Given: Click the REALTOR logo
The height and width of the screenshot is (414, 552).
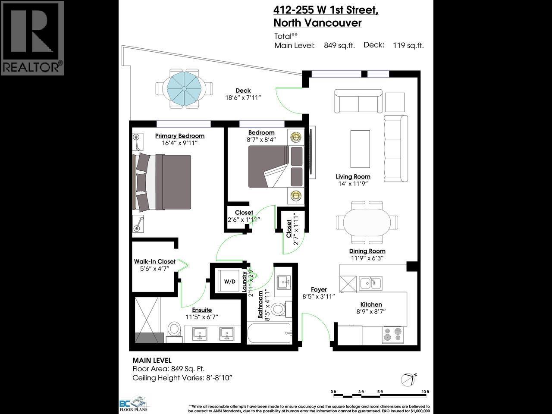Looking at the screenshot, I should point(32,38).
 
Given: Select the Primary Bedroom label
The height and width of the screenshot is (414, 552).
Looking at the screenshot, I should point(179,136).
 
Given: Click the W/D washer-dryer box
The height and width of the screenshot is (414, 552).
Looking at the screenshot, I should point(229,282).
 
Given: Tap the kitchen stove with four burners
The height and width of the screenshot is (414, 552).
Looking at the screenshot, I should point(392,335).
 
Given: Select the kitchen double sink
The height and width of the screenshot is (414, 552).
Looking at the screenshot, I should point(370,283).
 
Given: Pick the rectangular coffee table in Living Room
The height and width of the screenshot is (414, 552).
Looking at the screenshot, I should point(360,149).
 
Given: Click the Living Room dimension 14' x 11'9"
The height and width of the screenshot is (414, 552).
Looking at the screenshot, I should point(353,184).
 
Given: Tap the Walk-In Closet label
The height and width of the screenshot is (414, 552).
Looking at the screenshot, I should point(154,261).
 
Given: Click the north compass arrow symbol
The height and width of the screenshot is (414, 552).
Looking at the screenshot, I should point(408,379).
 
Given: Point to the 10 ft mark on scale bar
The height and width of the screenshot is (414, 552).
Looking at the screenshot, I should point(425,392).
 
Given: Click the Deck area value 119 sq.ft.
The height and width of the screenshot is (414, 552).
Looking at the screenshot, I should point(408,45).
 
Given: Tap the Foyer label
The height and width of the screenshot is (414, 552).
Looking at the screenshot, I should point(319,289).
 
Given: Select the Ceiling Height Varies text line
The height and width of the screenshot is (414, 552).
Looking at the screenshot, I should point(182,378).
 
